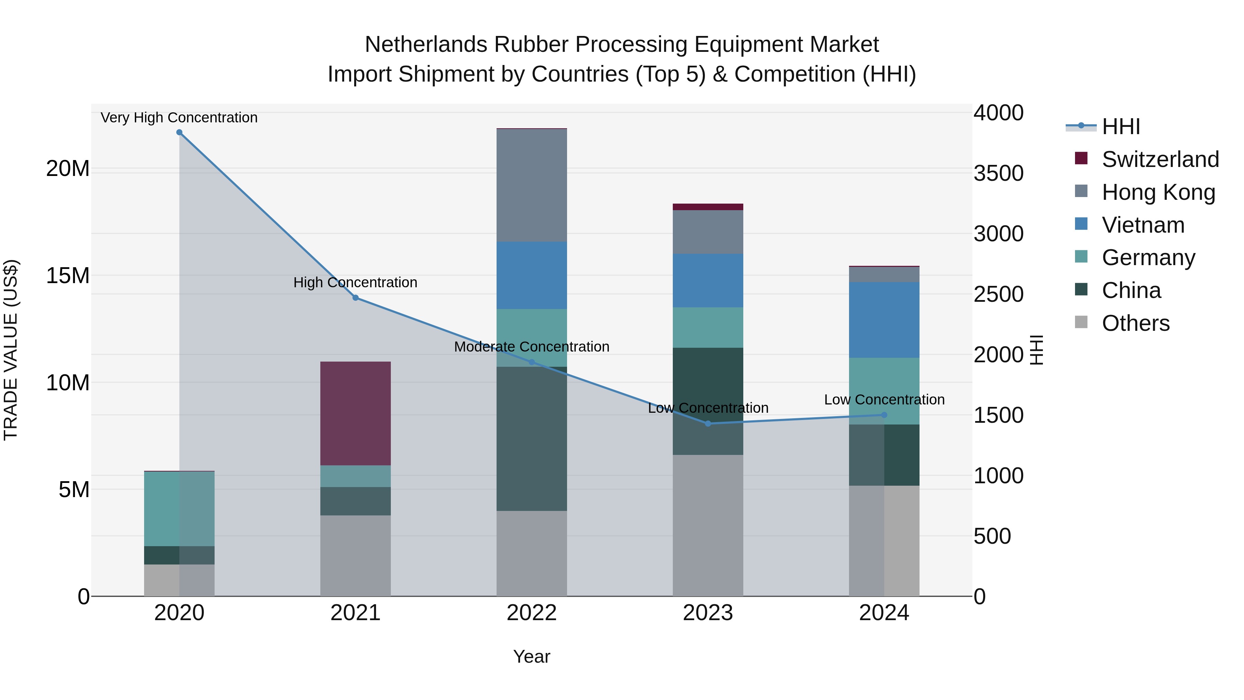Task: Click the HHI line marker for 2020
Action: point(179,132)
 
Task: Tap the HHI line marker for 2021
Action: point(356,298)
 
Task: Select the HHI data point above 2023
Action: point(708,424)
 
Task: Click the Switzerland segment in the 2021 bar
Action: point(356,413)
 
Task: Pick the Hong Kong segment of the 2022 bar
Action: point(532,186)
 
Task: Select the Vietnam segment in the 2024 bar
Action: point(884,320)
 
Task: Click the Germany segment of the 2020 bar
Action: point(179,509)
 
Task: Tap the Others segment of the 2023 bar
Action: point(708,525)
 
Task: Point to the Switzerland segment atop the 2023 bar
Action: point(708,207)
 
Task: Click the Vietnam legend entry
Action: point(1143,225)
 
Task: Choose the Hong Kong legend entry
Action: point(1158,192)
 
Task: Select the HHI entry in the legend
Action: point(1120,127)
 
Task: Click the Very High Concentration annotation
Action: point(179,118)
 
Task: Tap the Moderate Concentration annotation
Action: point(532,347)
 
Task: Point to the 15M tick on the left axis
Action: point(68,276)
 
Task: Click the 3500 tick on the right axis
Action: point(998,174)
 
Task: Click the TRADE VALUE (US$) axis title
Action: point(11,350)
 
